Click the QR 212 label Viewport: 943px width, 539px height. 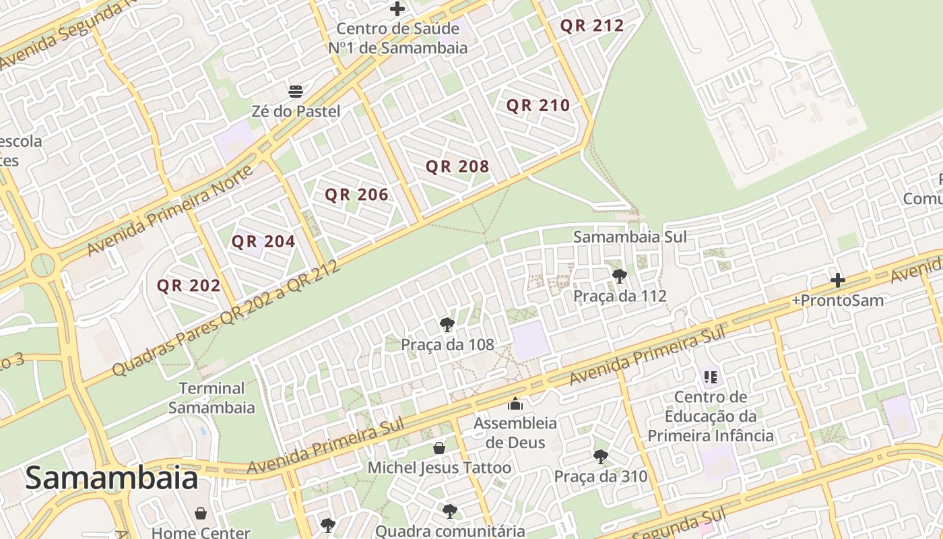click(592, 26)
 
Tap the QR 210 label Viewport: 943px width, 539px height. click(538, 106)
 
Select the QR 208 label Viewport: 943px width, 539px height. click(457, 166)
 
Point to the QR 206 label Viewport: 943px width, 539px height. click(356, 195)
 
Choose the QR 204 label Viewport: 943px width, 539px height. click(263, 241)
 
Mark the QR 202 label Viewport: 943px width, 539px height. click(189, 286)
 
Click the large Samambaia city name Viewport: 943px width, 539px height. click(112, 478)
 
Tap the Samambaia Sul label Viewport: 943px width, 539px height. click(629, 236)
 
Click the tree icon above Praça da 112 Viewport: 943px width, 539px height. click(619, 276)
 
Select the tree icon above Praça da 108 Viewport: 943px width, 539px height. click(447, 325)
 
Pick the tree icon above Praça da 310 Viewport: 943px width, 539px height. click(600, 457)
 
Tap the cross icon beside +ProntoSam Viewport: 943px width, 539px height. click(837, 280)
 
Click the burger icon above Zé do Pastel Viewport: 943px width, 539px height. click(296, 91)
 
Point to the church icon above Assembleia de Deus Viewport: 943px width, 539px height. click(515, 404)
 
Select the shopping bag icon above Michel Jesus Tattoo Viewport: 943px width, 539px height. click(439, 447)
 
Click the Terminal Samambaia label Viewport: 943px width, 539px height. click(212, 398)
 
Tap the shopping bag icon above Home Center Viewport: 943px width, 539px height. click(201, 513)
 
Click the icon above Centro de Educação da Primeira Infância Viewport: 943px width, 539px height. click(710, 377)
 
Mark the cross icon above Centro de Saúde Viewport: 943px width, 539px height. click(397, 9)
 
